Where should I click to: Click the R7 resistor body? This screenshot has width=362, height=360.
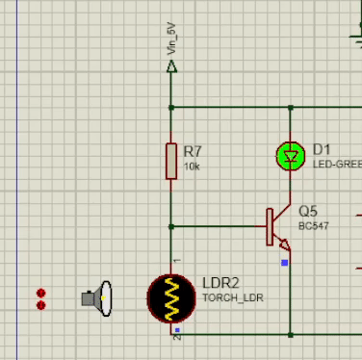171,161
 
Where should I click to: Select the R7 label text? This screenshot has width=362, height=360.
193,151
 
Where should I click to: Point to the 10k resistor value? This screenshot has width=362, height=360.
192,167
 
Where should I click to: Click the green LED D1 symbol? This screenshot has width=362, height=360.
290,155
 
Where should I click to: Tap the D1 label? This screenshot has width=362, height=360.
322,150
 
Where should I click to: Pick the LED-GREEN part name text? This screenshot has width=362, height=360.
336,165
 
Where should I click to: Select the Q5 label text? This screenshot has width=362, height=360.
308,211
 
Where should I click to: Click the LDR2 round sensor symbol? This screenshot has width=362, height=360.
173,297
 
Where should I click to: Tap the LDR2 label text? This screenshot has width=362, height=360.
220,284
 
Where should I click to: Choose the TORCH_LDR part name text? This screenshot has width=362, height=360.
233,298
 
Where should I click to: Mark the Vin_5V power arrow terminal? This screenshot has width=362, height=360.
172,67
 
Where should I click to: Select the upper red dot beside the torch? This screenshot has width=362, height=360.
40,293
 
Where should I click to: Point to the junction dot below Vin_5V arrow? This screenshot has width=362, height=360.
171,107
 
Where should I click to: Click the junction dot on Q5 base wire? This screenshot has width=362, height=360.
171,227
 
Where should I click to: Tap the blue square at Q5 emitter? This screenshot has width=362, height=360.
284,261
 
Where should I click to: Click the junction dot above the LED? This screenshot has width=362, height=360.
290,107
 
